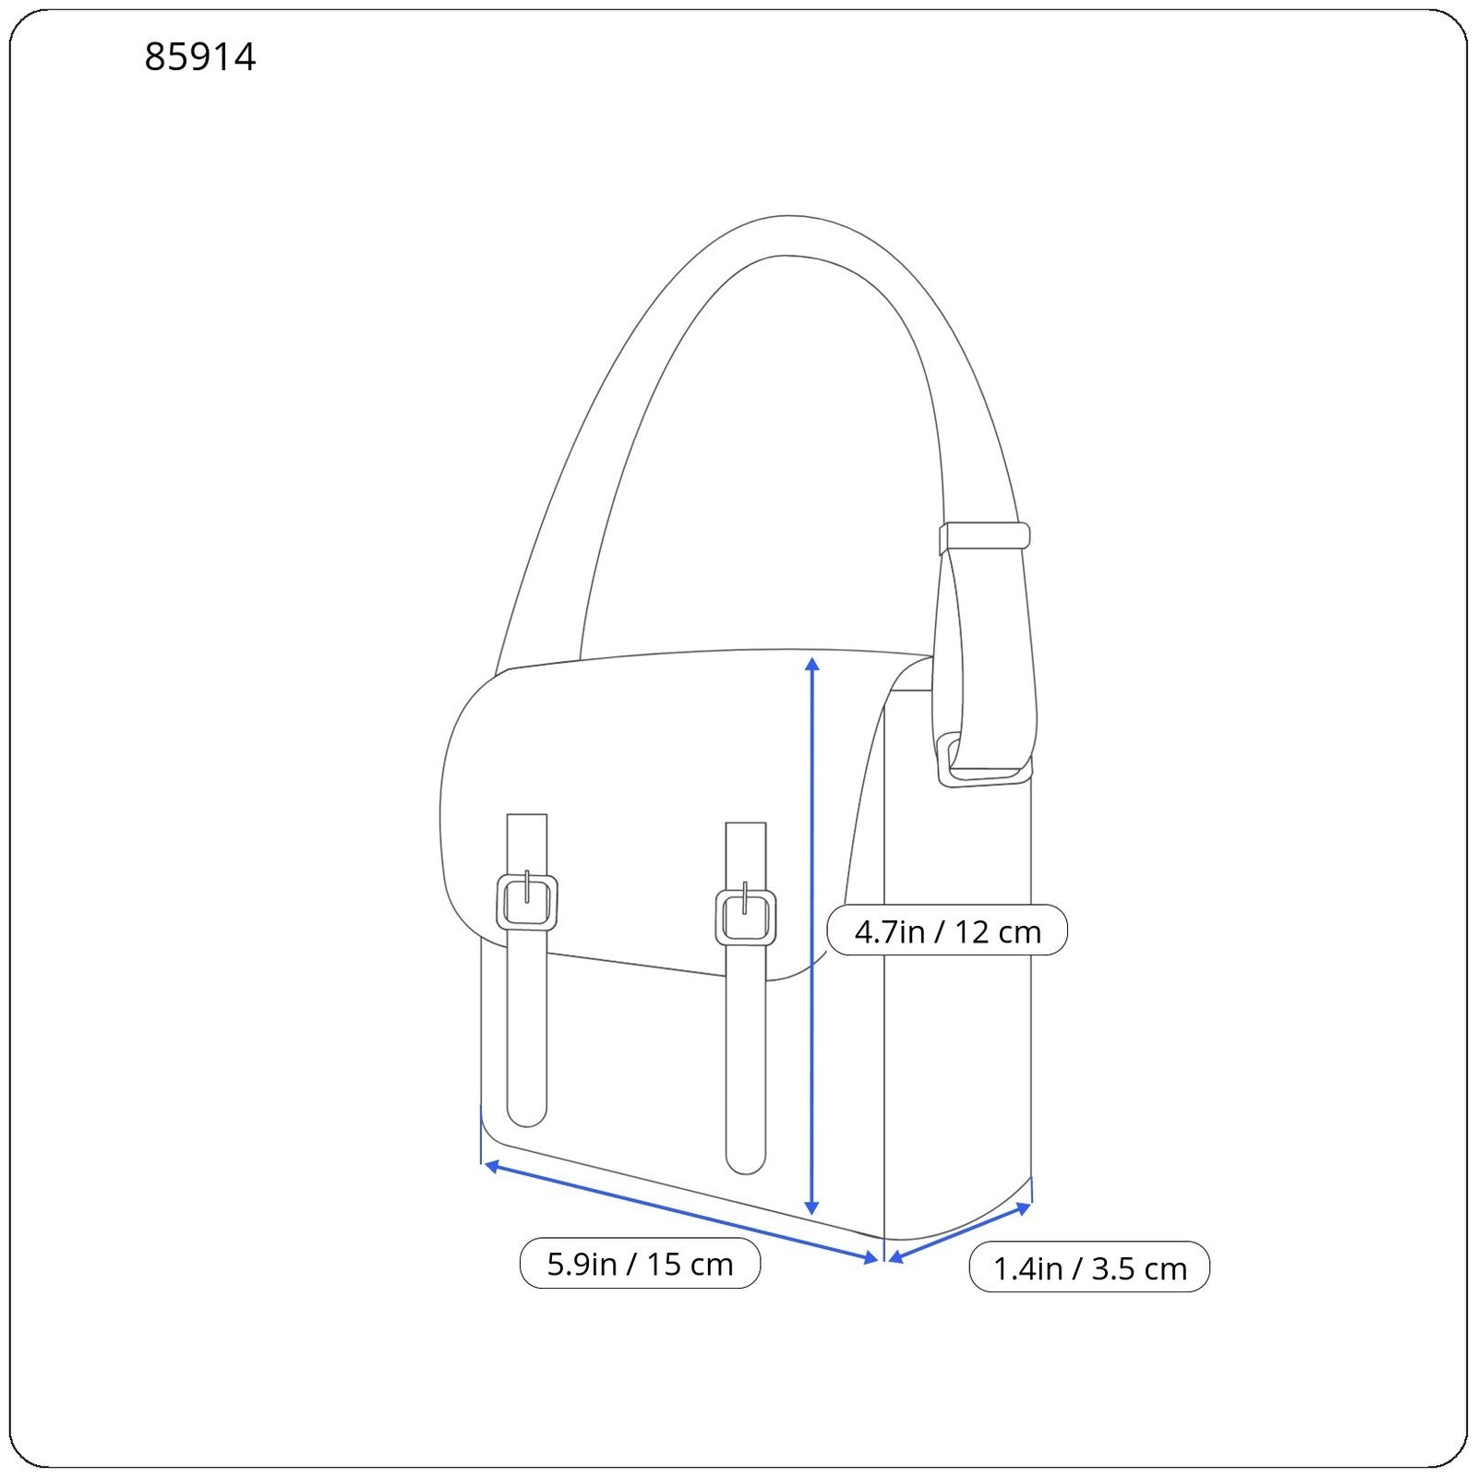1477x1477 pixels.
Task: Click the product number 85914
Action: (200, 57)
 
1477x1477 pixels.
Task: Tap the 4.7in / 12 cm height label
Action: (947, 931)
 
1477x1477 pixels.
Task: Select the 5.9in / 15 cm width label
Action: (640, 1264)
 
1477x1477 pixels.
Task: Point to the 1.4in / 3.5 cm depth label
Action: (1089, 1267)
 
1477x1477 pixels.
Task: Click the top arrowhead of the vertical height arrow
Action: (812, 664)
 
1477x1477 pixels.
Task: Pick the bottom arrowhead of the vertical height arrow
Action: (812, 1207)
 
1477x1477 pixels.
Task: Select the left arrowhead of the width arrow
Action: (492, 1166)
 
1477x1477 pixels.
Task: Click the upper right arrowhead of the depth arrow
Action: (1023, 1207)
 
